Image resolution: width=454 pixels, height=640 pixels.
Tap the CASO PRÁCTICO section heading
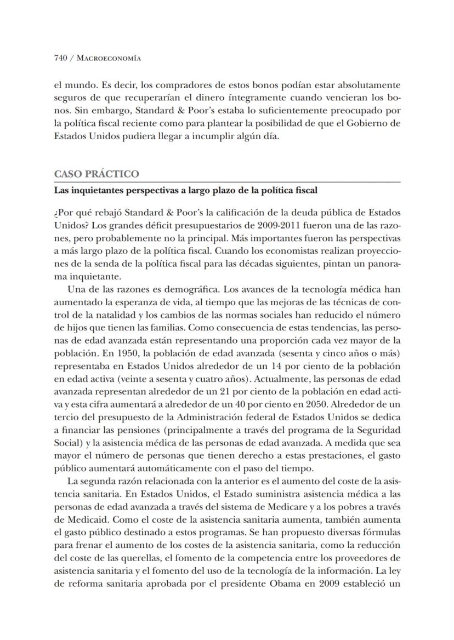96,174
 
